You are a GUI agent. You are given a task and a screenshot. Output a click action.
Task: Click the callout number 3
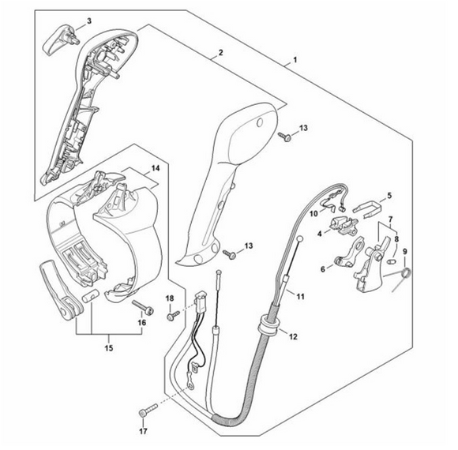tap(89, 21)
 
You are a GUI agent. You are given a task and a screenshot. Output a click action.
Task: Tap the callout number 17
tap(143, 431)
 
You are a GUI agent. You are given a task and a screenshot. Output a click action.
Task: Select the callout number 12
tap(293, 336)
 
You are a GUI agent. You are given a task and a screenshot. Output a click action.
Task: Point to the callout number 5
tap(389, 195)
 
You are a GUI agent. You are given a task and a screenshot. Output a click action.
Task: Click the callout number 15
tap(109, 348)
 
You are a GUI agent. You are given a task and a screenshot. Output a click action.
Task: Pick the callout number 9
tap(405, 251)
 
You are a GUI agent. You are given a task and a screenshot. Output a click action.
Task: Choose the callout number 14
tap(156, 168)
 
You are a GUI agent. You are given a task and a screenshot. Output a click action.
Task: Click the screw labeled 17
tap(148, 409)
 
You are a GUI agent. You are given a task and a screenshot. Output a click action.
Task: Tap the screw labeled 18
tap(173, 315)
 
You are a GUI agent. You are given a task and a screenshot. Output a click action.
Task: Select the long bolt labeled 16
tap(143, 307)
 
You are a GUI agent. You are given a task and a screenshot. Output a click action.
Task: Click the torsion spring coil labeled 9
tap(406, 274)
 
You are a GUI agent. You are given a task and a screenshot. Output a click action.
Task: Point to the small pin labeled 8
tap(391, 261)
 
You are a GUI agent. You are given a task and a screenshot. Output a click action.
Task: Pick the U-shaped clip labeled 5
tap(367, 208)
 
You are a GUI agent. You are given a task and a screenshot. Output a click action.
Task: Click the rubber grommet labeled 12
tap(268, 324)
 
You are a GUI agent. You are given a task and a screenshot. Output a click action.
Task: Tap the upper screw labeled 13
tap(284, 137)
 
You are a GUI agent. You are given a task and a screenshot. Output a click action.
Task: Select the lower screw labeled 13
tap(230, 254)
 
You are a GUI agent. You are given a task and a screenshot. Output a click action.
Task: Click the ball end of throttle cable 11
tap(300, 239)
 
